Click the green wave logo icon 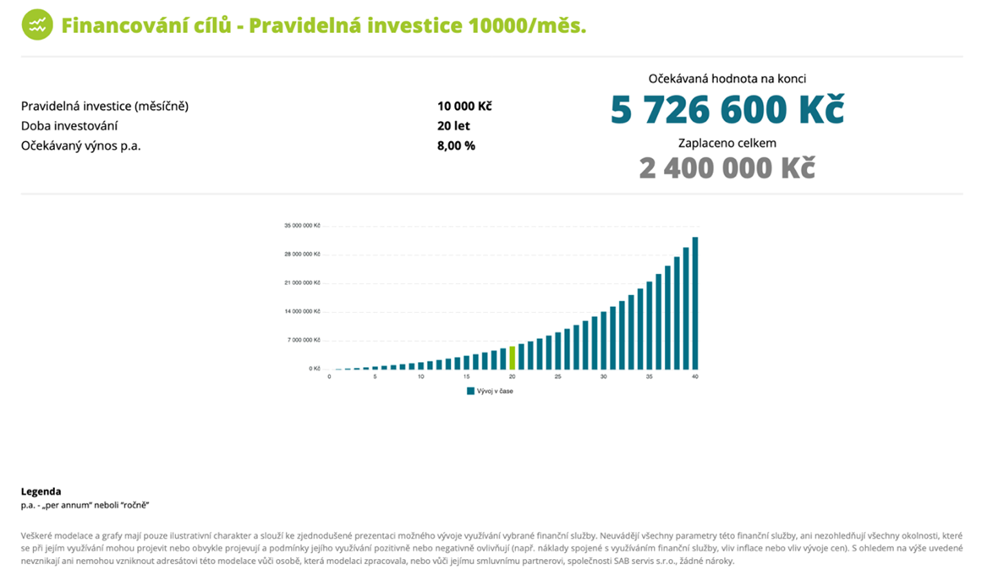click(x=36, y=25)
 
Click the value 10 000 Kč click(x=464, y=107)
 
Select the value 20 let click(x=453, y=126)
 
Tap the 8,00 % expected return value click(x=456, y=145)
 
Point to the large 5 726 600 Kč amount click(x=727, y=110)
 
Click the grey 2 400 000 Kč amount click(x=727, y=167)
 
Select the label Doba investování click(x=69, y=126)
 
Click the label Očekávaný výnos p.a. click(x=80, y=145)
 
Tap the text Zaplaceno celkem click(x=727, y=143)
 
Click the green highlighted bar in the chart click(x=513, y=357)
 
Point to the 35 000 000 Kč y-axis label click(x=302, y=226)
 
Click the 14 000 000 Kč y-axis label click(x=302, y=311)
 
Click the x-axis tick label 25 click(x=558, y=377)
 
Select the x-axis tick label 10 click(x=420, y=377)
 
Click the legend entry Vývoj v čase click(x=494, y=392)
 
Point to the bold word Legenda click(x=41, y=491)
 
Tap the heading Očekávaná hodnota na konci click(x=727, y=79)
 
